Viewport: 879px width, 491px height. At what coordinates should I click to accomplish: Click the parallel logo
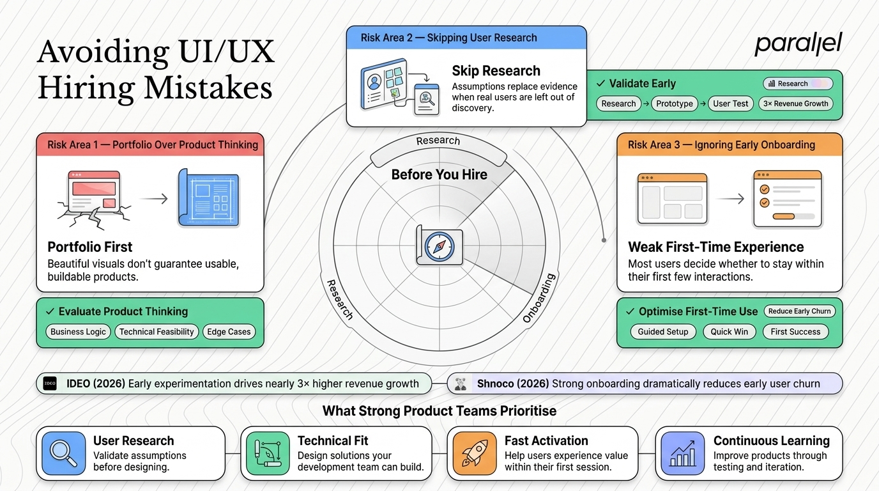(x=798, y=44)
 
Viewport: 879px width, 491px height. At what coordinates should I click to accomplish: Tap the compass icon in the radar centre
(x=439, y=246)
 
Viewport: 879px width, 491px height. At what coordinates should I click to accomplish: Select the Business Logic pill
(x=78, y=332)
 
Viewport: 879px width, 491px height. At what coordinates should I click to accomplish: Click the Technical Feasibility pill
(x=157, y=332)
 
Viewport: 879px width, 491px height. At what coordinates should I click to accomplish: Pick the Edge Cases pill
(x=229, y=332)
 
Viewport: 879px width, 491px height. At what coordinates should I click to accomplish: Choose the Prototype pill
(x=675, y=104)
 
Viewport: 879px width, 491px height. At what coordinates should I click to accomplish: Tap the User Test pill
(x=731, y=104)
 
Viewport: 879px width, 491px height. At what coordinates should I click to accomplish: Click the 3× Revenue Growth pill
(x=795, y=104)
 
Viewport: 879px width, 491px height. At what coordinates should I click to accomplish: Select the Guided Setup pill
(x=663, y=332)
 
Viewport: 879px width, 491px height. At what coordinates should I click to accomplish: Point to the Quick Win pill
(x=729, y=332)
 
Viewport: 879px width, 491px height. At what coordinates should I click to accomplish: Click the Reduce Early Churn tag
(x=799, y=311)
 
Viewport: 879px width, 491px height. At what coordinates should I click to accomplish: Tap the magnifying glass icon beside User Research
(x=64, y=453)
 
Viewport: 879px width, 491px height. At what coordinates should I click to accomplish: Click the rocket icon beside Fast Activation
(x=475, y=453)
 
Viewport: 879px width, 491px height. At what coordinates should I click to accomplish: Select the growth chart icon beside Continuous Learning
(x=683, y=453)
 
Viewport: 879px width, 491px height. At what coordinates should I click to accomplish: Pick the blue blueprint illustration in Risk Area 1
(x=209, y=198)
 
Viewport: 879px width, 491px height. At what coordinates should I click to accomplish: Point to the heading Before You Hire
(x=439, y=175)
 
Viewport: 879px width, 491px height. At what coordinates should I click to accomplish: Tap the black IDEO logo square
(x=50, y=384)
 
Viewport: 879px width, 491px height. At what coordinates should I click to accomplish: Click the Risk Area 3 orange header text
(x=721, y=144)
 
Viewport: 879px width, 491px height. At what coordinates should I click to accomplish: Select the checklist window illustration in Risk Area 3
(x=787, y=199)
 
